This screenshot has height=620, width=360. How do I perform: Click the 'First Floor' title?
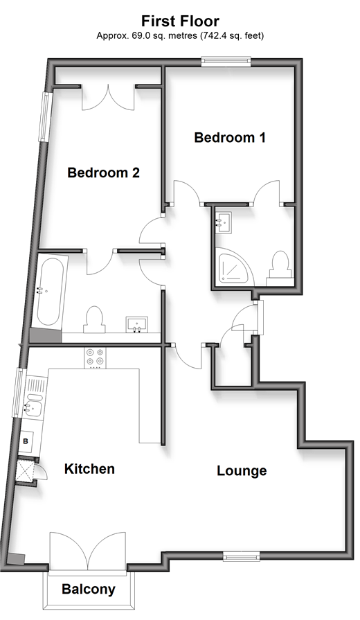pyautogui.click(x=180, y=21)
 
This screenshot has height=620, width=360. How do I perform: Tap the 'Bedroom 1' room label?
pyautogui.click(x=230, y=138)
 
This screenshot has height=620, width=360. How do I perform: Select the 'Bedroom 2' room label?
pyautogui.click(x=104, y=172)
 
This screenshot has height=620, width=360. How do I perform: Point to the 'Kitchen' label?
pyautogui.click(x=89, y=469)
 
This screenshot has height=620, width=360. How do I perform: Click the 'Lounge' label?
pyautogui.click(x=242, y=471)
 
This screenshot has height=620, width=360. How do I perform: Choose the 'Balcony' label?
pyautogui.click(x=89, y=589)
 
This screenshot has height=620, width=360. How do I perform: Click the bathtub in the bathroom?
pyautogui.click(x=50, y=292)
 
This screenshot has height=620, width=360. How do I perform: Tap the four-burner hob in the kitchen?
pyautogui.click(x=95, y=357)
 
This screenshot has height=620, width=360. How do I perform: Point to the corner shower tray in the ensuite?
pyautogui.click(x=233, y=266)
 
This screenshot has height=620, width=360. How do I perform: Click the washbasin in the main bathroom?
pyautogui.click(x=136, y=324)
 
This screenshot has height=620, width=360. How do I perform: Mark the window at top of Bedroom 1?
pyautogui.click(x=226, y=61)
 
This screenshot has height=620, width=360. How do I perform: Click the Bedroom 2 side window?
pyautogui.click(x=46, y=116)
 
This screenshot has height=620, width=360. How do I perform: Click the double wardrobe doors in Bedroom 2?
pyautogui.click(x=108, y=98)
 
